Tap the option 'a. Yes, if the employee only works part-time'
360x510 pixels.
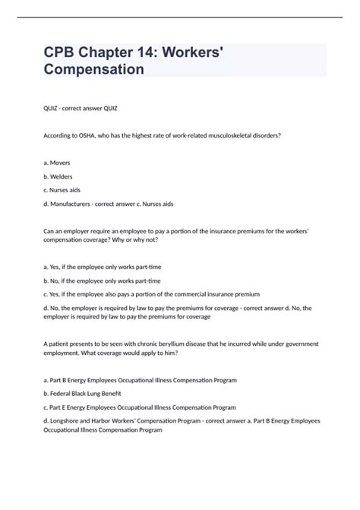[x=113, y=268]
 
